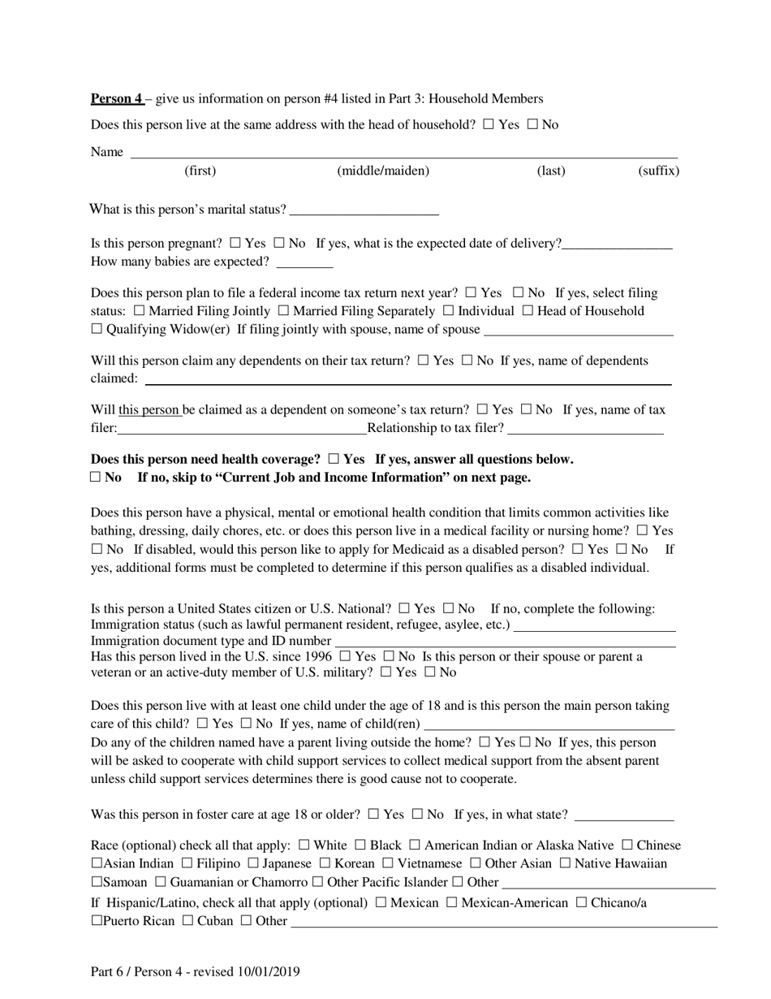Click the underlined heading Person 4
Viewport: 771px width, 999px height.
(x=116, y=99)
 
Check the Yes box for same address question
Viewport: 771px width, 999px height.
(x=488, y=125)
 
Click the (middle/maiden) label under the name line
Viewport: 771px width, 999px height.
(x=383, y=171)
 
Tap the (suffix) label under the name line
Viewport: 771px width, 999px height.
(x=658, y=171)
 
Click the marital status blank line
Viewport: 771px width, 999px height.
(x=364, y=211)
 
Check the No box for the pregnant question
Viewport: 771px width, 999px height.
(x=279, y=243)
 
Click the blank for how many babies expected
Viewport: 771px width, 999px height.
(x=304, y=262)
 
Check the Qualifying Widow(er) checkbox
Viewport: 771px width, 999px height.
(x=97, y=330)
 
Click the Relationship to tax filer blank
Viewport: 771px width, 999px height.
(x=585, y=430)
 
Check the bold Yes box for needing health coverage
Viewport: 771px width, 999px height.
(x=334, y=459)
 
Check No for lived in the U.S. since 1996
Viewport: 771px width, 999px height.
(x=388, y=656)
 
